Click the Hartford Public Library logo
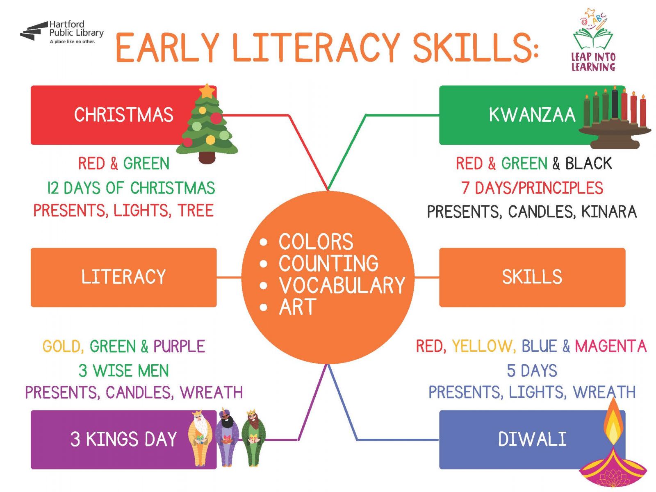pyautogui.click(x=62, y=32)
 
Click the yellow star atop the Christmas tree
pyautogui.click(x=206, y=91)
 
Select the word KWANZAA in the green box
pyautogui.click(x=532, y=115)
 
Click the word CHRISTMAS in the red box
pyautogui.click(x=124, y=115)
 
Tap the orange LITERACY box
pyautogui.click(x=123, y=277)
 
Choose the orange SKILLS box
pyautogui.click(x=532, y=277)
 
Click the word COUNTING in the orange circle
pyautogui.click(x=328, y=263)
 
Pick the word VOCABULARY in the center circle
pyautogui.click(x=342, y=285)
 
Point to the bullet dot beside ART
pyautogui.click(x=263, y=307)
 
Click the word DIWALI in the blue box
pyautogui.click(x=532, y=439)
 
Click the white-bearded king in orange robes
pyautogui.click(x=200, y=438)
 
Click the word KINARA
pyautogui.click(x=609, y=212)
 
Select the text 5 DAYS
pyautogui.click(x=532, y=371)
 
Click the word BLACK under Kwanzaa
pyautogui.click(x=588, y=164)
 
